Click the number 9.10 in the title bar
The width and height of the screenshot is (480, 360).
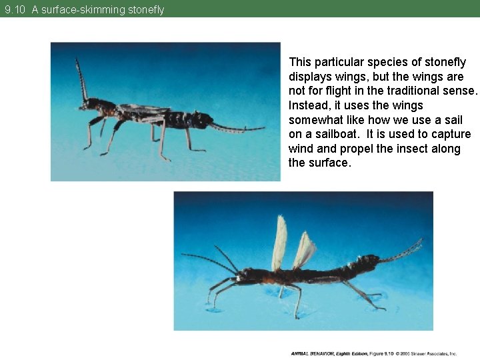[x=14, y=10]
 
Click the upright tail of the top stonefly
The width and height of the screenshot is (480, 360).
[x=81, y=80]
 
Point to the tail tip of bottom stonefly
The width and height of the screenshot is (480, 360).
[x=419, y=242]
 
